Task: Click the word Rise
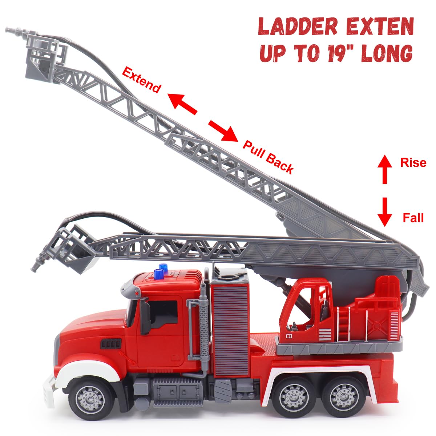[413, 162]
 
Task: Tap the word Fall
[413, 218]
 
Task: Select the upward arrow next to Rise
[385, 169]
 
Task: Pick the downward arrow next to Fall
[385, 212]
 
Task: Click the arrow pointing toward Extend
[182, 104]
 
